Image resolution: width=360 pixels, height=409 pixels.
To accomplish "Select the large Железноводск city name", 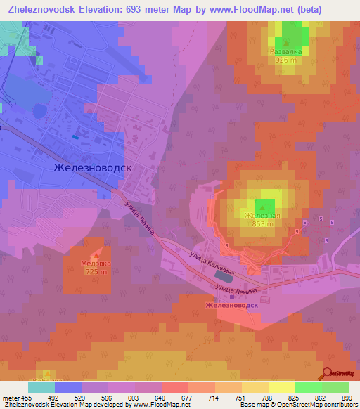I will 92,169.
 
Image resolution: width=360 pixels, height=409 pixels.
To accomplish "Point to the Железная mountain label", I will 264,216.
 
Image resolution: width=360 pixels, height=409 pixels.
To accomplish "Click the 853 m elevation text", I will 264,224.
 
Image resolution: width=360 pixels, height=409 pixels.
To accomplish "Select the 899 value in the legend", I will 347,398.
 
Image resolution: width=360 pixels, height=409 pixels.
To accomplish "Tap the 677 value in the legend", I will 187,398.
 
